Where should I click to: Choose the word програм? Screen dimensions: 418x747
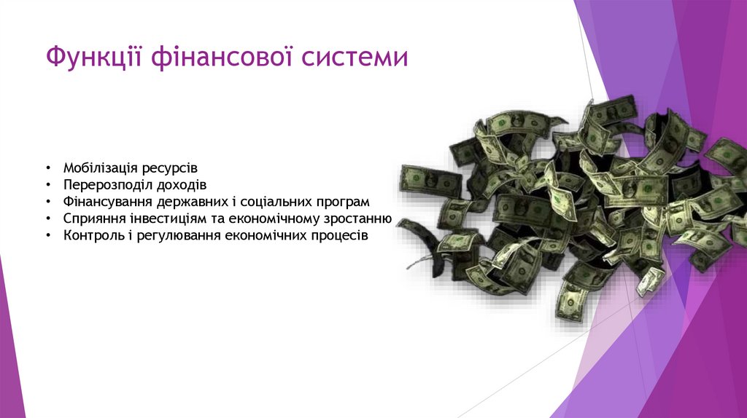point(343,202)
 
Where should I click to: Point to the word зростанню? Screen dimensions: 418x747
point(360,218)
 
